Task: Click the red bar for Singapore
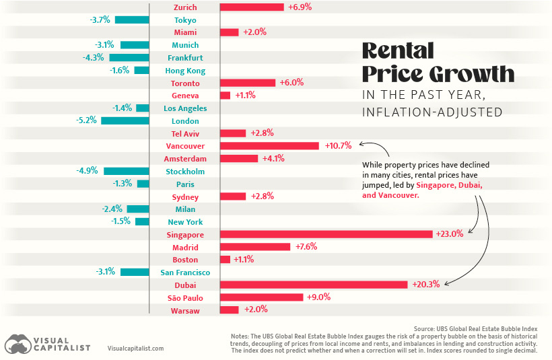click(x=326, y=234)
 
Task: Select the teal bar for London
click(x=125, y=120)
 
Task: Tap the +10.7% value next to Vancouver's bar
click(x=339, y=146)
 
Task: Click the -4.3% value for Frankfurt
click(x=93, y=58)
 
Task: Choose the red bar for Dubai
click(x=314, y=285)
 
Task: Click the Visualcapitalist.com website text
click(x=135, y=349)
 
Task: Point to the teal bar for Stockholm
click(x=126, y=171)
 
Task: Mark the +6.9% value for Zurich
click(x=300, y=7)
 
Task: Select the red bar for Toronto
click(x=248, y=83)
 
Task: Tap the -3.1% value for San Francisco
click(x=106, y=272)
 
